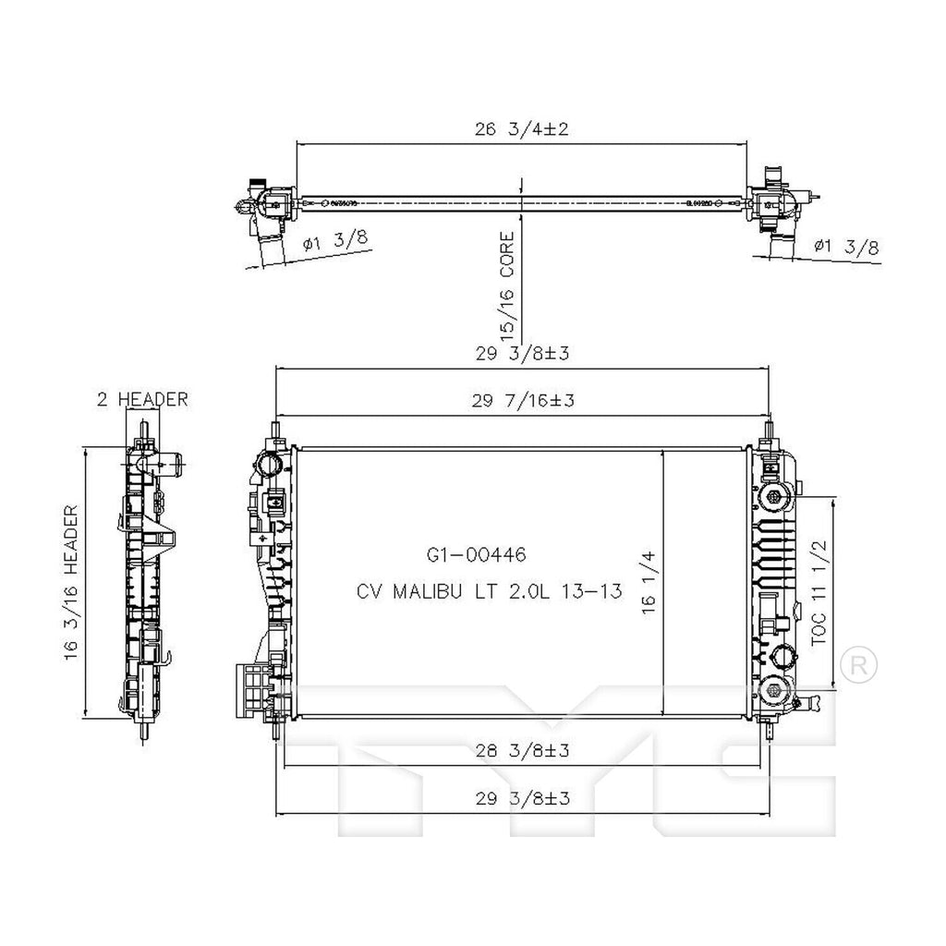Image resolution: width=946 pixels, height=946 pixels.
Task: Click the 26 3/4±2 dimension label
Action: point(520,130)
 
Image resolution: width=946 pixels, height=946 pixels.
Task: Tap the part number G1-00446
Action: point(476,555)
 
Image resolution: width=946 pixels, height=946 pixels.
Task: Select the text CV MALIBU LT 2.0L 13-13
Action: point(488,590)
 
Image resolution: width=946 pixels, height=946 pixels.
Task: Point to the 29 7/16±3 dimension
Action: point(522,400)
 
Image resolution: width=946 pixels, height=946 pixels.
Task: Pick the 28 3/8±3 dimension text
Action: point(522,751)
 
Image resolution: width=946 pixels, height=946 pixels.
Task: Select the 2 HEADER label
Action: point(142,399)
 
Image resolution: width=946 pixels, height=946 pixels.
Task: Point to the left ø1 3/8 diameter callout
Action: point(335,242)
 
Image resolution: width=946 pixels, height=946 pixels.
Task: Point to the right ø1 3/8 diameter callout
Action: point(846,246)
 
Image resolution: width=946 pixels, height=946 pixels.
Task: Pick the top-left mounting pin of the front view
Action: point(277,432)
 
